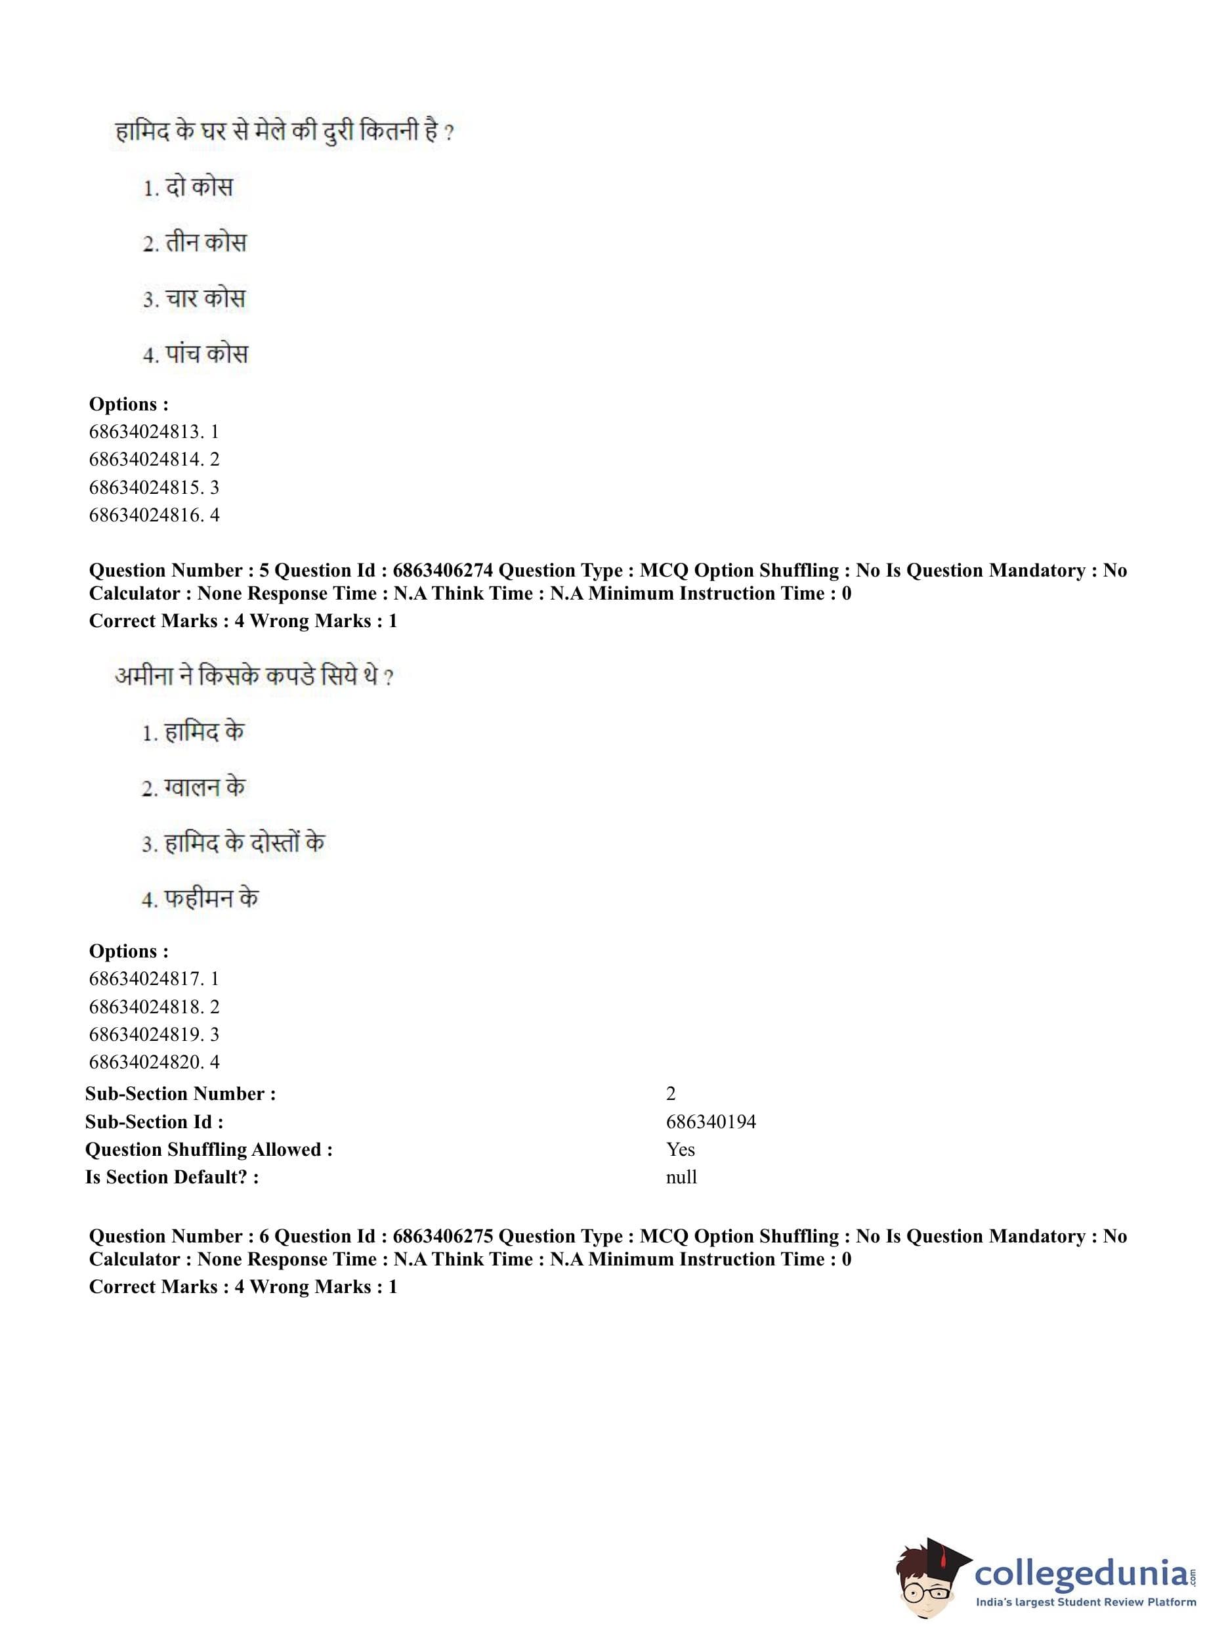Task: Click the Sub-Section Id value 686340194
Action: pyautogui.click(x=710, y=1122)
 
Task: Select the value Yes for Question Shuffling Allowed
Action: pyautogui.click(x=680, y=1149)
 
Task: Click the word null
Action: pyautogui.click(x=681, y=1177)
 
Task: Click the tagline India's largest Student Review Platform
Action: pyautogui.click(x=1086, y=1601)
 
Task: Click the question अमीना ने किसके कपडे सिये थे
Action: pyautogui.click(x=254, y=676)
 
